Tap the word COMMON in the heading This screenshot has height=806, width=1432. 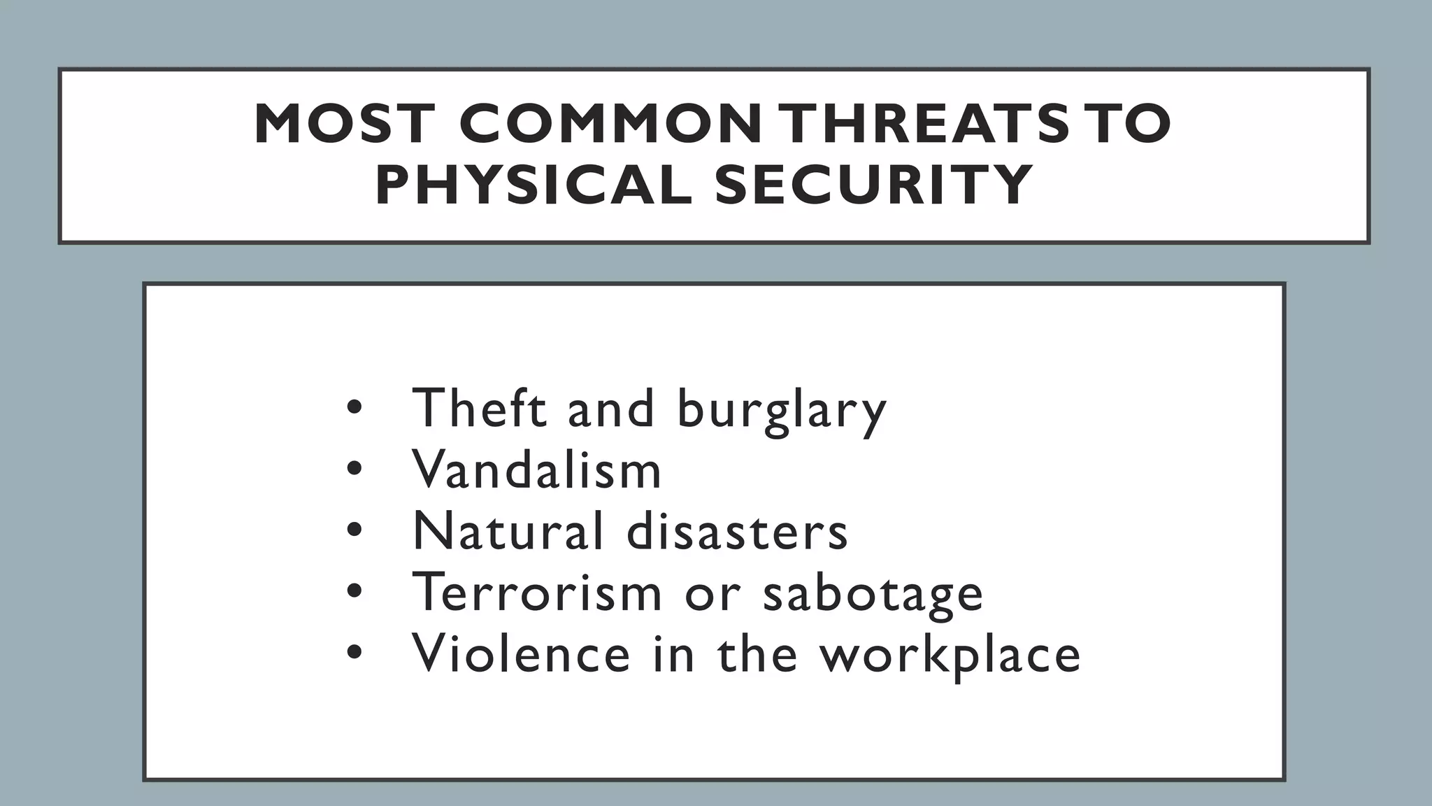coord(610,124)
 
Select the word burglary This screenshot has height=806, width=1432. coord(782,411)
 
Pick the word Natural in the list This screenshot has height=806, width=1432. coord(508,530)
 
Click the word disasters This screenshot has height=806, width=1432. coord(737,530)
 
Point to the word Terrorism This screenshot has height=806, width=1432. coord(536,592)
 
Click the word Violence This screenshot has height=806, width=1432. coord(521,653)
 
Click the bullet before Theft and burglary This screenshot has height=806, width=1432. coord(355,408)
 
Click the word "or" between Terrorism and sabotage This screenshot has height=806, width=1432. coord(712,595)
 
